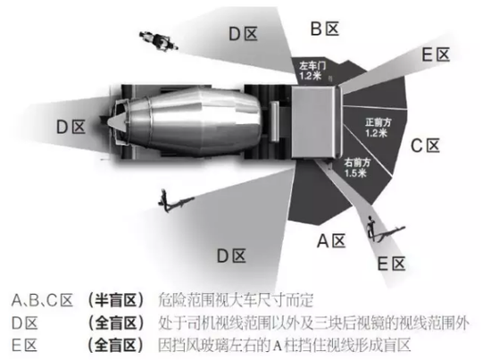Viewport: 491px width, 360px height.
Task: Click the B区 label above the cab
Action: [x=325, y=29]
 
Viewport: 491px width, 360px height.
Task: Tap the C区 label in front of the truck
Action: [x=425, y=146]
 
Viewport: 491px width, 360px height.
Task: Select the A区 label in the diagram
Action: [x=331, y=241]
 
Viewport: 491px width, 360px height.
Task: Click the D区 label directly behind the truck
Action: [x=71, y=127]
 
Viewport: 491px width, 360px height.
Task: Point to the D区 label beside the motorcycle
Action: [x=244, y=34]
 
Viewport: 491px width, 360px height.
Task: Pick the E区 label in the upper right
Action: [x=436, y=54]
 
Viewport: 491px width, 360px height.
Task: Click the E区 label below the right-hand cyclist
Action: [x=391, y=264]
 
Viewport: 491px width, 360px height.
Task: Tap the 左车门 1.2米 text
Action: [x=312, y=71]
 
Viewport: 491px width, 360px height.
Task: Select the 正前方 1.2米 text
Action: [x=378, y=127]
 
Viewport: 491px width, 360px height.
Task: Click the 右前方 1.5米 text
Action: [x=357, y=168]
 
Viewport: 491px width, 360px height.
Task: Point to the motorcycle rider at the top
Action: [x=158, y=41]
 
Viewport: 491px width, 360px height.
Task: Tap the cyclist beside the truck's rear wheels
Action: [x=175, y=201]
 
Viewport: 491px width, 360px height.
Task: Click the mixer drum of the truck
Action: [x=194, y=121]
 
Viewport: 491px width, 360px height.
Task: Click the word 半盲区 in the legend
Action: [x=115, y=300]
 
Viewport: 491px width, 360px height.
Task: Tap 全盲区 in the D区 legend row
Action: [x=115, y=322]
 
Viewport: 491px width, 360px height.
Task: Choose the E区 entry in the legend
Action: [x=24, y=346]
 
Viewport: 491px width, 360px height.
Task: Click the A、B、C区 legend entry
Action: [x=42, y=300]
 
